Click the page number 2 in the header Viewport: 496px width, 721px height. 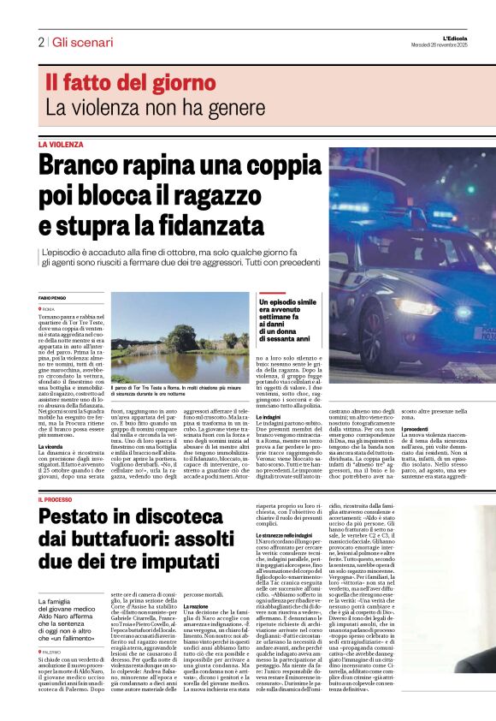(x=41, y=42)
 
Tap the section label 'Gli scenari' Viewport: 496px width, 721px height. (x=78, y=42)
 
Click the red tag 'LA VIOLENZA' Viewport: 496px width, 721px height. (x=61, y=145)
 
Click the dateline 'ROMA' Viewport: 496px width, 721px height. (x=49, y=307)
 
